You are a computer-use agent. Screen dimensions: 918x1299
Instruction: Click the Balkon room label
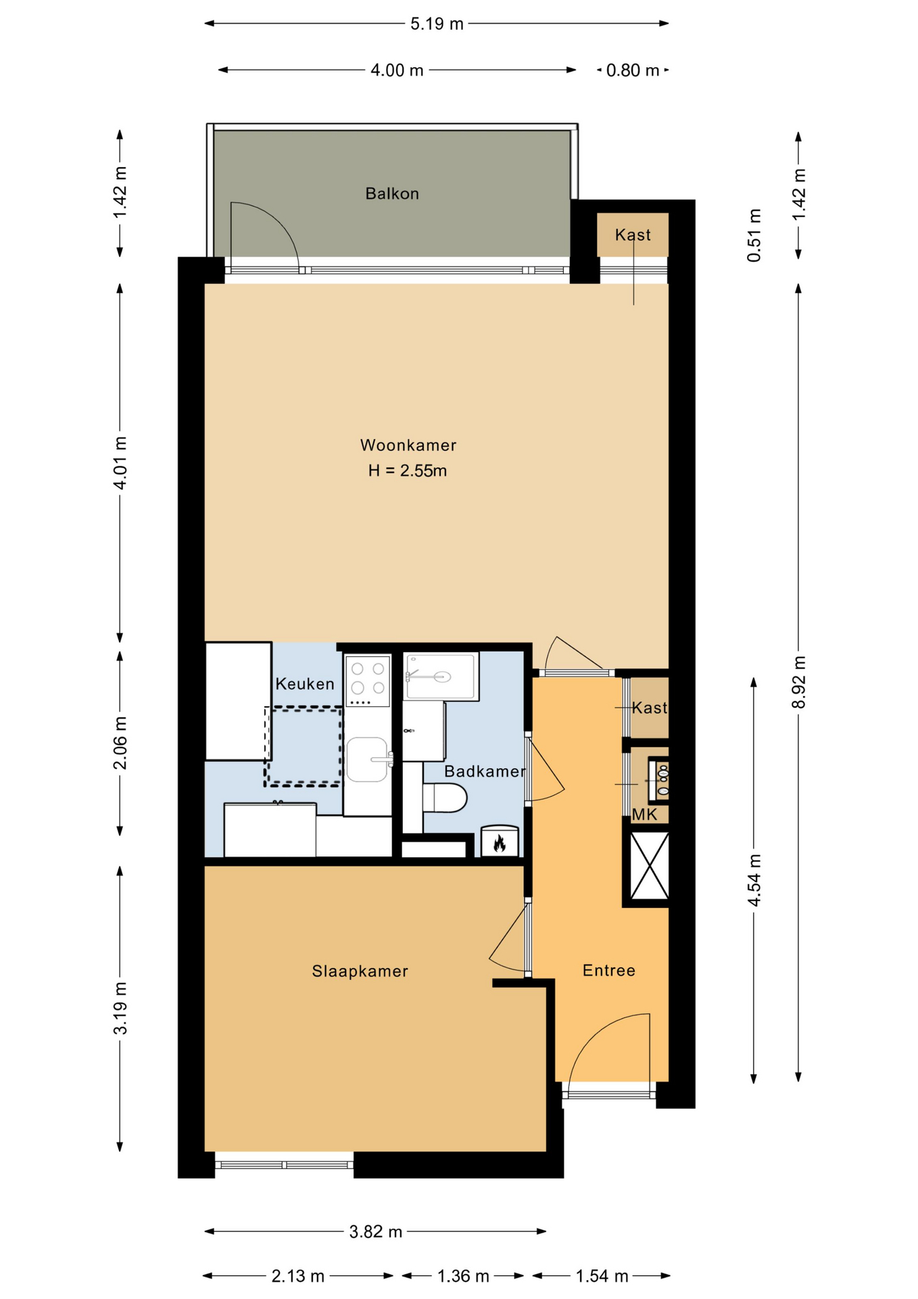click(x=392, y=194)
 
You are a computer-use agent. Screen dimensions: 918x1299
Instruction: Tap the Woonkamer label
click(x=408, y=445)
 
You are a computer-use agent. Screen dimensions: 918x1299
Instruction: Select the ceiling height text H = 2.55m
click(x=408, y=471)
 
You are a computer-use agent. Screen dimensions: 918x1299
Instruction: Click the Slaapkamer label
click(x=360, y=972)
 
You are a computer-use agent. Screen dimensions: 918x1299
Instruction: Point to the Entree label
click(x=609, y=971)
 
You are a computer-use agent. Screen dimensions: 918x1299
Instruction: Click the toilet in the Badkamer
click(x=445, y=798)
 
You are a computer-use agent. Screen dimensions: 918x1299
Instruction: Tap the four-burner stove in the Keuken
click(x=368, y=681)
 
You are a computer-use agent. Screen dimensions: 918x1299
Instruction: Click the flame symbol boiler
click(x=500, y=842)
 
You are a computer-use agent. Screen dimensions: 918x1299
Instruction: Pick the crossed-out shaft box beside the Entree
click(x=649, y=866)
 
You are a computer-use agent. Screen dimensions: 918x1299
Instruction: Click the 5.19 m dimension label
click(x=437, y=24)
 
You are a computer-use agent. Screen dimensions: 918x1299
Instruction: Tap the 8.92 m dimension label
click(x=799, y=681)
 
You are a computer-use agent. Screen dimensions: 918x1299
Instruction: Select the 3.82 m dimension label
click(x=376, y=1232)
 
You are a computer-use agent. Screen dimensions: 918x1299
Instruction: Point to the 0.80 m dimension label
click(x=633, y=70)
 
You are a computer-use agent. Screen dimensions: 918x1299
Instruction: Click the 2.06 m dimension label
click(x=120, y=743)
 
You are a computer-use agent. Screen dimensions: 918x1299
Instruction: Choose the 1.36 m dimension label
click(x=463, y=1276)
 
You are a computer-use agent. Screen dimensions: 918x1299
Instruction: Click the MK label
click(x=644, y=815)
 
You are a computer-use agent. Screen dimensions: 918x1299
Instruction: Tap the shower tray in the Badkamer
click(x=441, y=677)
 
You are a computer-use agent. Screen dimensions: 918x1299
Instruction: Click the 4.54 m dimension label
click(x=754, y=880)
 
